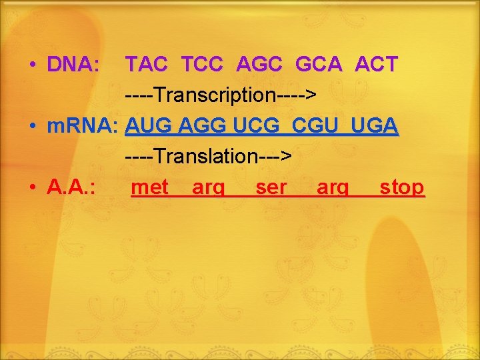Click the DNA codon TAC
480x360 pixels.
pos(147,65)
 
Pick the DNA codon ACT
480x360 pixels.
pos(376,65)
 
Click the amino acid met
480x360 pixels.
pos(150,187)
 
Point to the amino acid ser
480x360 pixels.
pos(271,187)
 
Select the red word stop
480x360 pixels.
pos(401,187)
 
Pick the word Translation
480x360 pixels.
pos(207,157)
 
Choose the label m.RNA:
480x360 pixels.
pos(83,125)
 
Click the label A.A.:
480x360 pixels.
pos(71,187)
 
